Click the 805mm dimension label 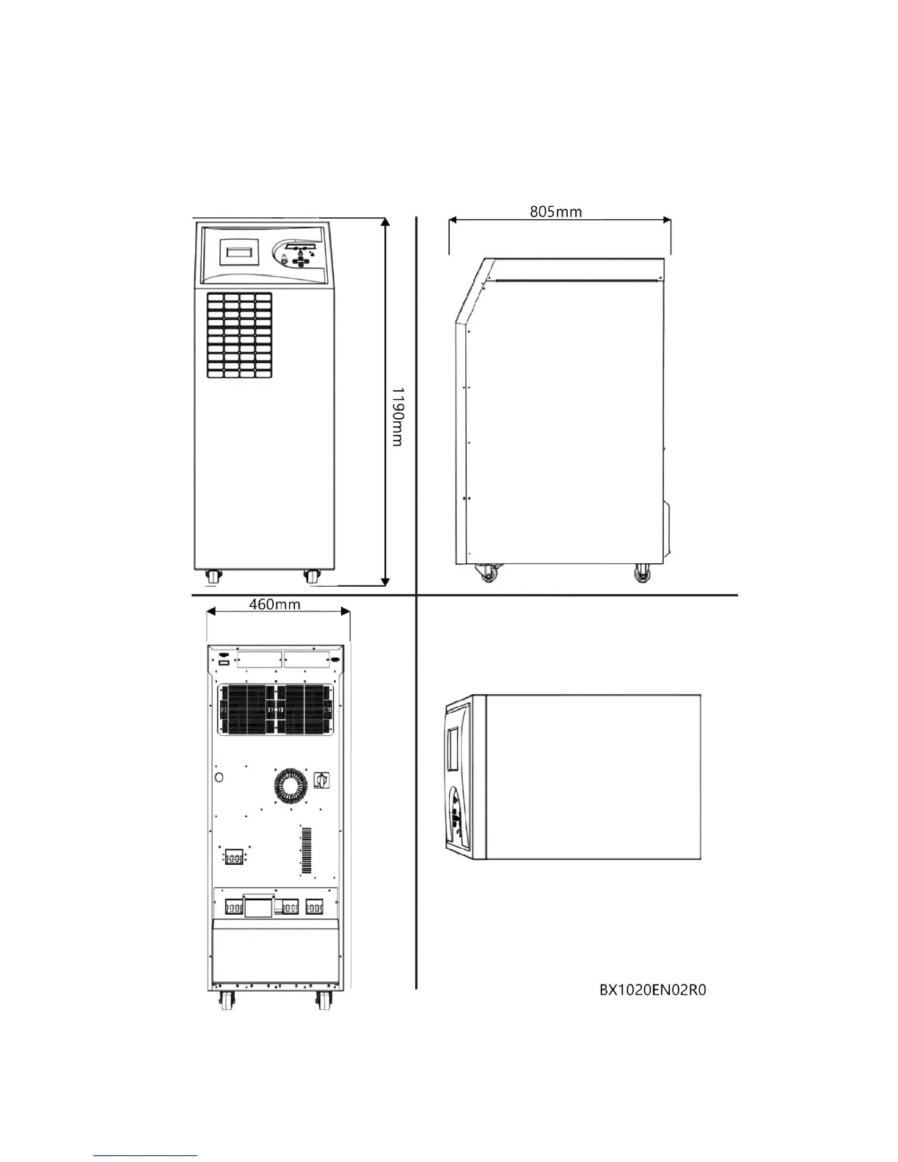click(x=555, y=212)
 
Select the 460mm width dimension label click(x=274, y=604)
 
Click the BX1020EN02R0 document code click(x=652, y=990)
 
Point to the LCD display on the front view click(x=240, y=252)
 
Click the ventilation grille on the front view click(x=238, y=337)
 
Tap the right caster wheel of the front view click(x=312, y=577)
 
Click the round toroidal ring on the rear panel click(x=292, y=786)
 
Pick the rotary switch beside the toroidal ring click(x=321, y=779)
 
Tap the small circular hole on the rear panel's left click(x=217, y=776)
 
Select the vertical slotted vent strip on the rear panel click(x=306, y=851)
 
